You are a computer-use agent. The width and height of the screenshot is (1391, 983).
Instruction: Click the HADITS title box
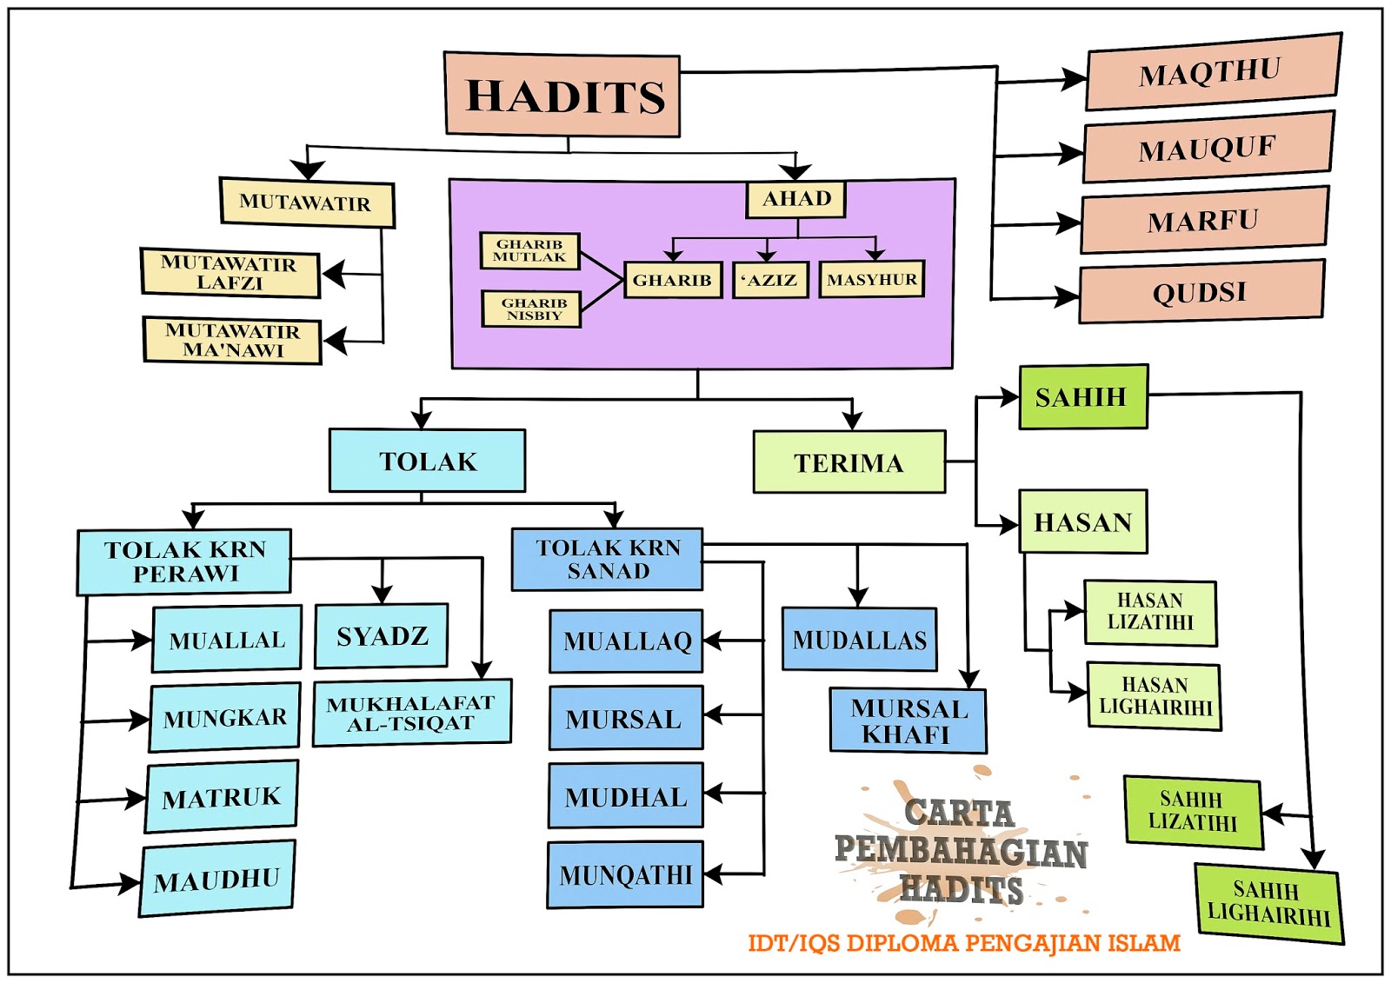pos(562,95)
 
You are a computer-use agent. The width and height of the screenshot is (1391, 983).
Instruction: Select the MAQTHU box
pos(1212,72)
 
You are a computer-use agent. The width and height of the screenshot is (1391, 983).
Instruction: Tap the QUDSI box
pos(1201,292)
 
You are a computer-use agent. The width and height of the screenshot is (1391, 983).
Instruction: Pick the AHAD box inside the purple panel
pos(795,199)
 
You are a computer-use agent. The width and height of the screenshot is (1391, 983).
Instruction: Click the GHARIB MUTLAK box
pos(529,250)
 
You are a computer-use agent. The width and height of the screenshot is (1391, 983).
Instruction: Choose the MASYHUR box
pos(871,280)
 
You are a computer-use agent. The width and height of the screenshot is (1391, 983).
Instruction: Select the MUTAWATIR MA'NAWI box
pos(232,340)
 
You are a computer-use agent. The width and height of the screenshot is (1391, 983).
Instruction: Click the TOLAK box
pos(427,461)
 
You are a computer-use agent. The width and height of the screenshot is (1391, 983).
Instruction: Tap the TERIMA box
pos(849,462)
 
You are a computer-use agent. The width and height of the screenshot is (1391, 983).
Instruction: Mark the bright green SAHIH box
pos(1082,397)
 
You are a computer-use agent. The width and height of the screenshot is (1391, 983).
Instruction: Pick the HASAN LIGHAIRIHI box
pos(1154,696)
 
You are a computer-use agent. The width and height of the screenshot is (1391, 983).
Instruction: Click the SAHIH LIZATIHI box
pos(1193,811)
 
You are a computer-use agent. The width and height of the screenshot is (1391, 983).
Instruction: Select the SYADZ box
pos(382,636)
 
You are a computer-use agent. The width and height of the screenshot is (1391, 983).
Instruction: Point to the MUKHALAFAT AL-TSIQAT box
pos(411,713)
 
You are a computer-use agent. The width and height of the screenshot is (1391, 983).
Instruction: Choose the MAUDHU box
pos(217,880)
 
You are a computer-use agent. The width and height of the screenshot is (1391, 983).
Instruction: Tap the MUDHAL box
pos(625,796)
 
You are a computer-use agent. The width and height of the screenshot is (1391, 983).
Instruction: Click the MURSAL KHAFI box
pos(908,721)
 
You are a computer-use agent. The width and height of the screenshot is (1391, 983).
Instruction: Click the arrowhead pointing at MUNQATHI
pos(713,873)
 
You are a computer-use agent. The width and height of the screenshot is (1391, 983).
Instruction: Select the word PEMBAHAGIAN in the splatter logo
pos(961,852)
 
